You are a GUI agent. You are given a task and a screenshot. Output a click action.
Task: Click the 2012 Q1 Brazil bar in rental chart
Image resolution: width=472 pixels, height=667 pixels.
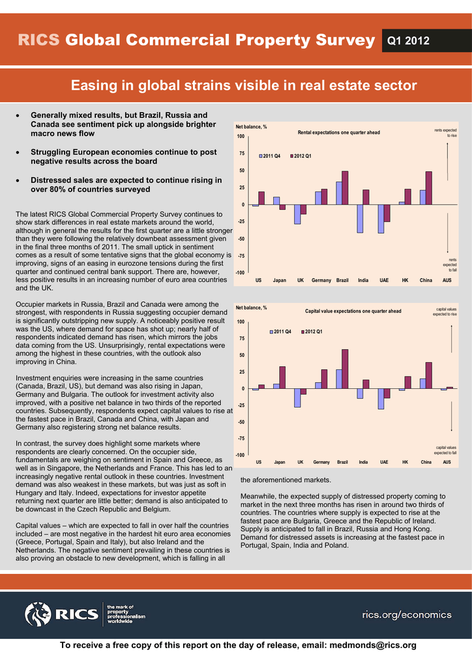tap(345, 188)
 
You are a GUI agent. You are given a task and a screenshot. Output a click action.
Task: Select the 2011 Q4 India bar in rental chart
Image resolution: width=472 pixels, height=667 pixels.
tap(359, 219)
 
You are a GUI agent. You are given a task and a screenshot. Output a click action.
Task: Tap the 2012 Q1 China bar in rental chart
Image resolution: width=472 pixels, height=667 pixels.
tap(428, 188)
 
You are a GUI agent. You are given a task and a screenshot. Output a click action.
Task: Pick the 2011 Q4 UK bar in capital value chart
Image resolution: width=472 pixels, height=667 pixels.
tap(297, 398)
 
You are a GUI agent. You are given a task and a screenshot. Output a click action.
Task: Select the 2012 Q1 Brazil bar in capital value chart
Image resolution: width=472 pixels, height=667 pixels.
tap(345, 369)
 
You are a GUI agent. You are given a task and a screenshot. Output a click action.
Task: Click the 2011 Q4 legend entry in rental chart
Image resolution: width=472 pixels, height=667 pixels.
tap(271, 156)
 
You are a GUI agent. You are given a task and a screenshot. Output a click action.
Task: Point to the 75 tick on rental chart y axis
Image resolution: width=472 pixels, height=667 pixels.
tap(242, 154)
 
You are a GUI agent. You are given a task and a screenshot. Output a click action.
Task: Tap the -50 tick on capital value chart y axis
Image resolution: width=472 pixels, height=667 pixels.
tap(241, 422)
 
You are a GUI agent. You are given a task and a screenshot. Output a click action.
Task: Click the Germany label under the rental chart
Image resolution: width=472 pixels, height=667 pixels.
tap(321, 280)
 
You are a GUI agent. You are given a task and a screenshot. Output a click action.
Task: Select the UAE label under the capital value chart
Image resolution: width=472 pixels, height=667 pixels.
tap(384, 462)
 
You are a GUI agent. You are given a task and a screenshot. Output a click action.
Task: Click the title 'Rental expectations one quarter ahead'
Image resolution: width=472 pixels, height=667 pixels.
tap(338, 133)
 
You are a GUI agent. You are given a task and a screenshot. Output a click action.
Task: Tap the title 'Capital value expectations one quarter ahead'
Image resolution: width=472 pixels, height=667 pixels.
tap(353, 311)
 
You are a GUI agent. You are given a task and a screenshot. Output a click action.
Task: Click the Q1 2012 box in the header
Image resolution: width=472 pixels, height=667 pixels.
tap(408, 41)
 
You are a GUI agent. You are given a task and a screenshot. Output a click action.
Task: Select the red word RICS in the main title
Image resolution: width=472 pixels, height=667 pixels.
tap(38, 40)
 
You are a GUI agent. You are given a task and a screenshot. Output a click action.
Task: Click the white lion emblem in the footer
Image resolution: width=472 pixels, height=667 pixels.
tap(38, 614)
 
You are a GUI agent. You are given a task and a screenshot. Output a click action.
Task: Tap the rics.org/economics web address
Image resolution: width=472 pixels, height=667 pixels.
tap(406, 615)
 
